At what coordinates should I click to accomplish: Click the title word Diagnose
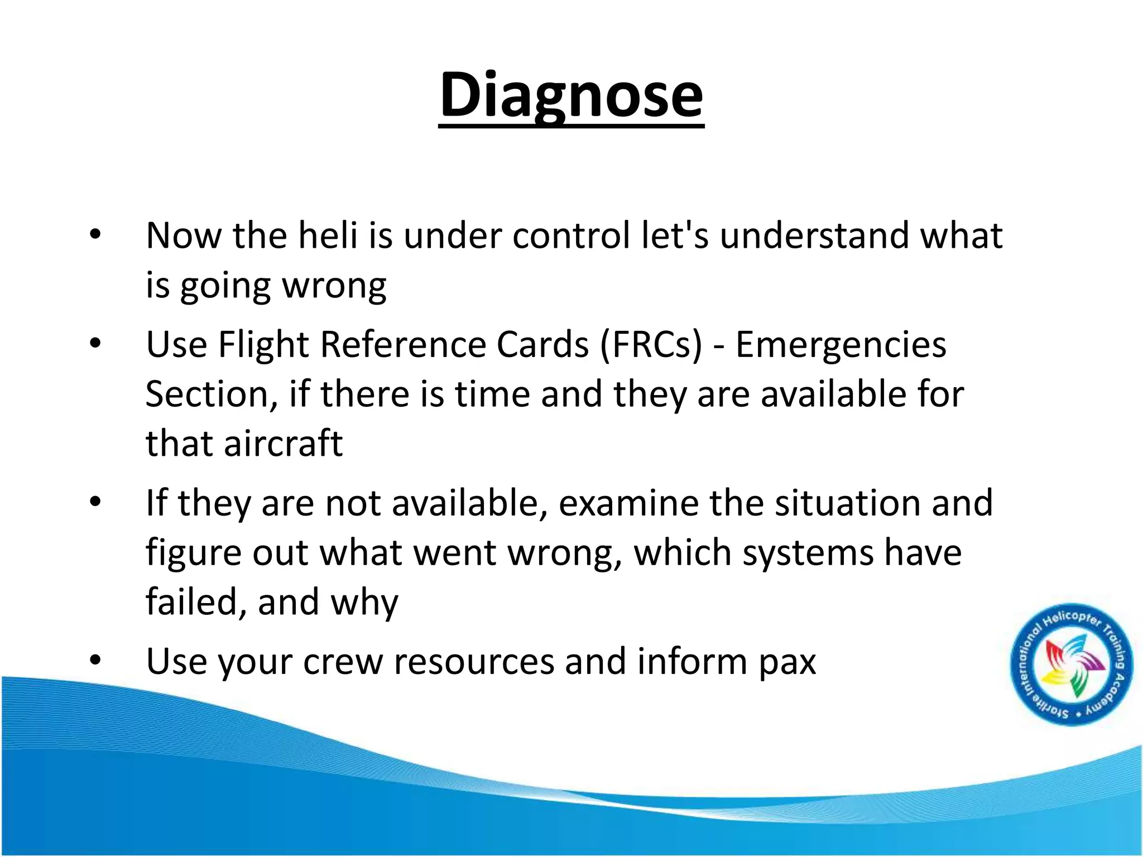[x=571, y=95]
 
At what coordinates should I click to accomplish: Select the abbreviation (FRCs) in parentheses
[x=651, y=344]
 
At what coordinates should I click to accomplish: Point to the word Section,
[x=212, y=394]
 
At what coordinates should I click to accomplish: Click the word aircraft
[x=283, y=444]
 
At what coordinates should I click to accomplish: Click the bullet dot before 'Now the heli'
[x=95, y=235]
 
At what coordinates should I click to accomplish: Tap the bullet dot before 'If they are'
[x=95, y=503]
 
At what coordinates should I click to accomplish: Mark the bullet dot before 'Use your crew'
[x=95, y=661]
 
